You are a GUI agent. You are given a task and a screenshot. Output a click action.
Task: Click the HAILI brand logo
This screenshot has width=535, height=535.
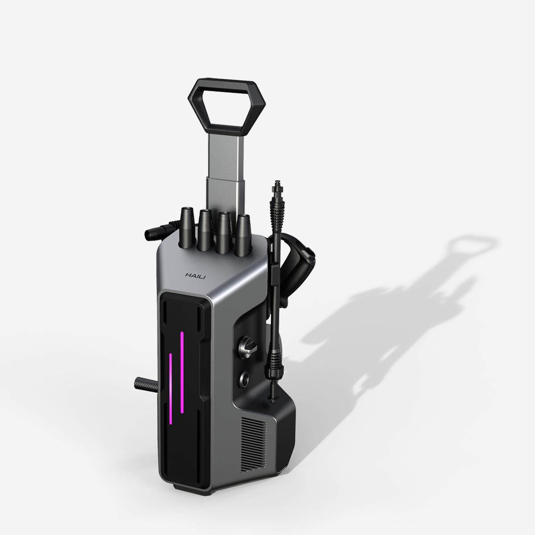(x=195, y=276)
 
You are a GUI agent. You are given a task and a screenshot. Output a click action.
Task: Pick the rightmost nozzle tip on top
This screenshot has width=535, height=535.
(x=243, y=235)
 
